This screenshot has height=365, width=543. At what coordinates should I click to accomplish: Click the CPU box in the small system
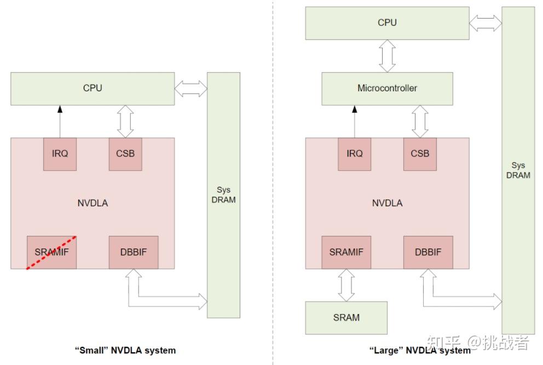click(x=93, y=89)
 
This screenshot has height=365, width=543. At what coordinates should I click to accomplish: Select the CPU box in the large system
click(x=387, y=23)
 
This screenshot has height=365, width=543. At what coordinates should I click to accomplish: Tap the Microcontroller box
click(x=387, y=89)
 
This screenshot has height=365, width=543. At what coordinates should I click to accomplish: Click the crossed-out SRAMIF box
click(x=51, y=252)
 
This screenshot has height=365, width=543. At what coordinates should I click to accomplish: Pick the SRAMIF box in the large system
click(x=346, y=252)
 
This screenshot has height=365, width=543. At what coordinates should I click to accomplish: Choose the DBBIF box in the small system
click(x=134, y=252)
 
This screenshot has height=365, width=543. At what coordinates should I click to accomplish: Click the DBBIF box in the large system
click(x=428, y=252)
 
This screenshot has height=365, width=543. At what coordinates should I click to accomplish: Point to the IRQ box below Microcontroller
click(x=355, y=154)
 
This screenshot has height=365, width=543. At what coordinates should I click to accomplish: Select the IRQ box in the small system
click(x=60, y=154)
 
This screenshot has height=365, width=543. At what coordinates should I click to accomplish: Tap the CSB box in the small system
click(x=125, y=154)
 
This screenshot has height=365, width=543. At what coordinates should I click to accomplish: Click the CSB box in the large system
click(x=420, y=154)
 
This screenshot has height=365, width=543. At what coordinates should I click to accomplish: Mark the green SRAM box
click(x=346, y=318)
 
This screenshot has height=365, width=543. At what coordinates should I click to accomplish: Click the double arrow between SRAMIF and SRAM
click(x=346, y=285)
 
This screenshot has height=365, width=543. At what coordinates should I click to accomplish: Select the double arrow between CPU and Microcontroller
click(x=387, y=56)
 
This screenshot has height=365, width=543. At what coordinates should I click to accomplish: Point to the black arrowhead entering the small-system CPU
click(x=60, y=109)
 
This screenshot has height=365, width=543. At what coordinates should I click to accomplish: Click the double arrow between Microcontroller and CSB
click(x=420, y=121)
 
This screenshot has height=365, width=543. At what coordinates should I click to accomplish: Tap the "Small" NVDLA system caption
click(x=125, y=350)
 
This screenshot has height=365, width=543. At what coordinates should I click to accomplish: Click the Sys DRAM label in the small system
click(x=224, y=195)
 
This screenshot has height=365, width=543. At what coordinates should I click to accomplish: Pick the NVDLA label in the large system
click(x=387, y=203)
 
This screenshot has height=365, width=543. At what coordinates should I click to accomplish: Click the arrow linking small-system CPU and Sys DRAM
click(x=191, y=89)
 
